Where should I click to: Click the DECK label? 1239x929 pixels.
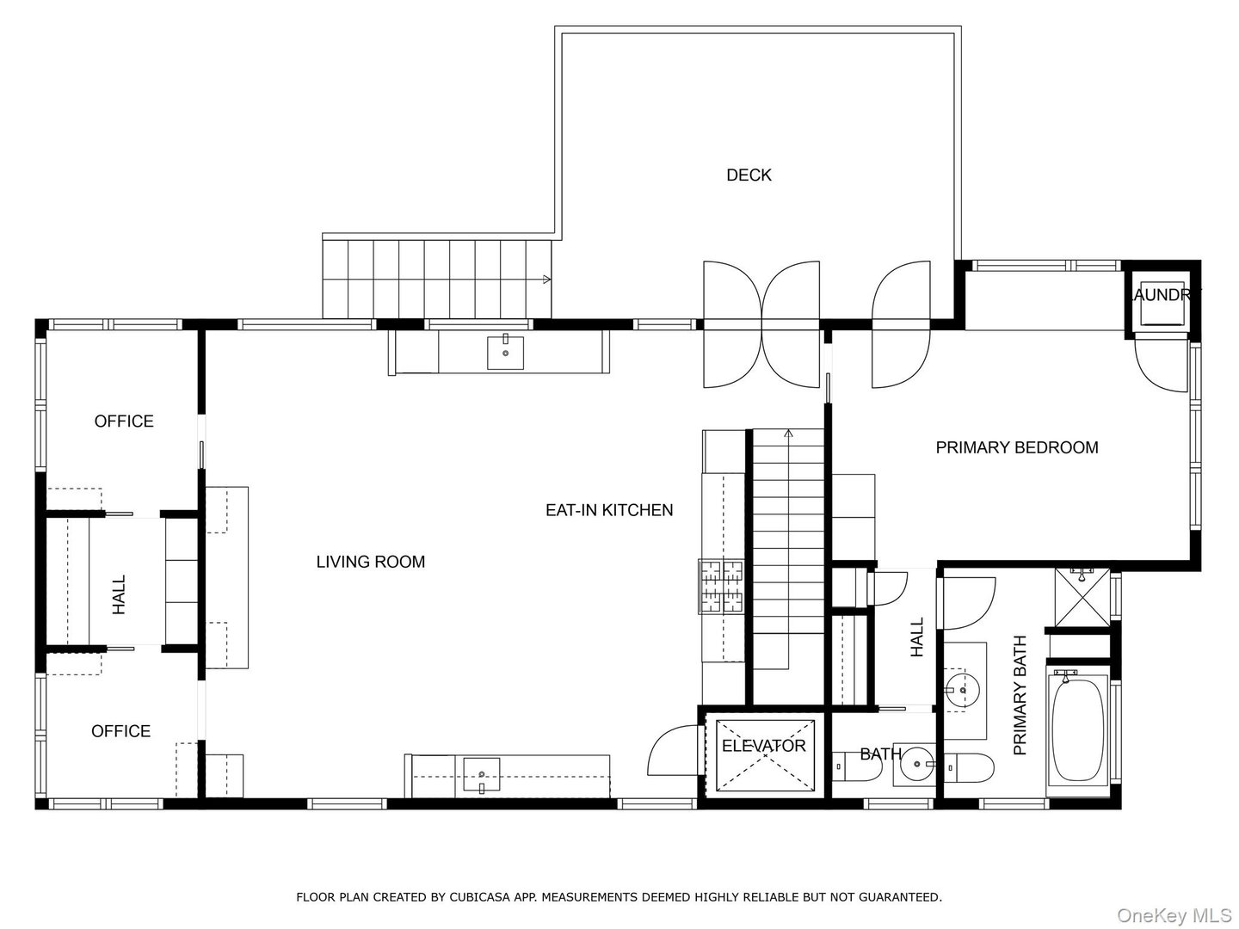coord(749,175)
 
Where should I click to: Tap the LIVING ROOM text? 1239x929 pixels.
coord(370,563)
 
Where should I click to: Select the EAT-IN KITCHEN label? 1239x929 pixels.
coord(609,510)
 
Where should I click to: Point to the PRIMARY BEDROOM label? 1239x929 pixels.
coord(1016,447)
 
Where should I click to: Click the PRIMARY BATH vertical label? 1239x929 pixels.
coord(1020,695)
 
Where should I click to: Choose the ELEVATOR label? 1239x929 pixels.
coord(763,746)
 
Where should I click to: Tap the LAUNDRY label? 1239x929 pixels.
coord(1164,294)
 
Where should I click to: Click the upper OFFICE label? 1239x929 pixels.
coord(124,421)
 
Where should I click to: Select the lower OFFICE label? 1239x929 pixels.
coord(120,731)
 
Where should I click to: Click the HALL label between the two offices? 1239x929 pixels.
coord(119,594)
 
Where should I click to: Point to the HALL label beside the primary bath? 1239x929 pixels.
coord(917,637)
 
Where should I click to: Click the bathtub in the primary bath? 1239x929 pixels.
coord(1079,729)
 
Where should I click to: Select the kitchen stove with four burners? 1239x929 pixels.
coord(721,587)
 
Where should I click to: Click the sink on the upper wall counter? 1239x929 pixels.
coord(505,352)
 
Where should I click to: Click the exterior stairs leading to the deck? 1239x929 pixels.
coord(436,279)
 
